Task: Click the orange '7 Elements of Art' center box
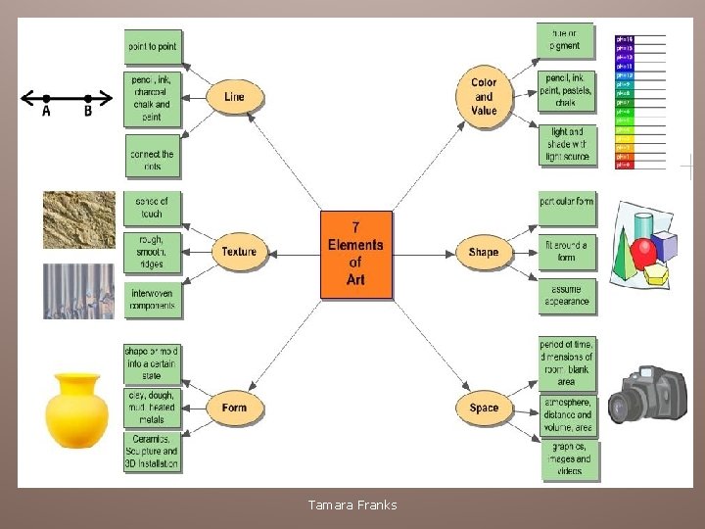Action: click(355, 255)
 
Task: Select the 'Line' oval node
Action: click(234, 97)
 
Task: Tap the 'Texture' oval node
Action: click(239, 252)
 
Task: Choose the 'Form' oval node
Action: click(235, 408)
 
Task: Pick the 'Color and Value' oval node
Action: click(484, 96)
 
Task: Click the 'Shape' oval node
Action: click(484, 252)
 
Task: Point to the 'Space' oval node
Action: click(484, 408)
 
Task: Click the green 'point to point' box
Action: click(154, 46)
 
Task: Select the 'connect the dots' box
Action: click(153, 160)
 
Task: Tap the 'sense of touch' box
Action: click(152, 207)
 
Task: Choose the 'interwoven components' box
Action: click(152, 300)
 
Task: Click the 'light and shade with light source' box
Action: click(567, 144)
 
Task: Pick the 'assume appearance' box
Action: click(567, 296)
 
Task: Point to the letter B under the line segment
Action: click(88, 112)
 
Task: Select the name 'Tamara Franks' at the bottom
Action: click(352, 505)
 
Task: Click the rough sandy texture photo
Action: click(78, 219)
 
